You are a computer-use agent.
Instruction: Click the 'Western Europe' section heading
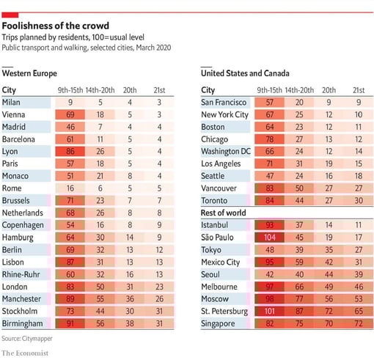coord(30,73)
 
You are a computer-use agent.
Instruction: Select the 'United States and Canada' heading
coord(245,73)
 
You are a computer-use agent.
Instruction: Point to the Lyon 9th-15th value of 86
coord(70,151)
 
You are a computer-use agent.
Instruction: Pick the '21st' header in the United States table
coord(357,89)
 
